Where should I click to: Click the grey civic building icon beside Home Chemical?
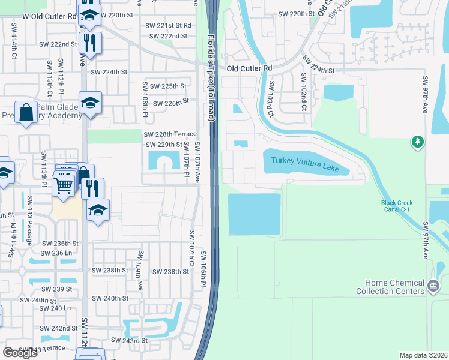tap(433, 287)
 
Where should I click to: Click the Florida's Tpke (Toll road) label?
tap(210, 77)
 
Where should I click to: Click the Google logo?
tap(20, 353)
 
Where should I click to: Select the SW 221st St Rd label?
tap(168, 25)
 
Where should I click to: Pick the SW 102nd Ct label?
tap(304, 92)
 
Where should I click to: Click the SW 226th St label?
tap(171, 103)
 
